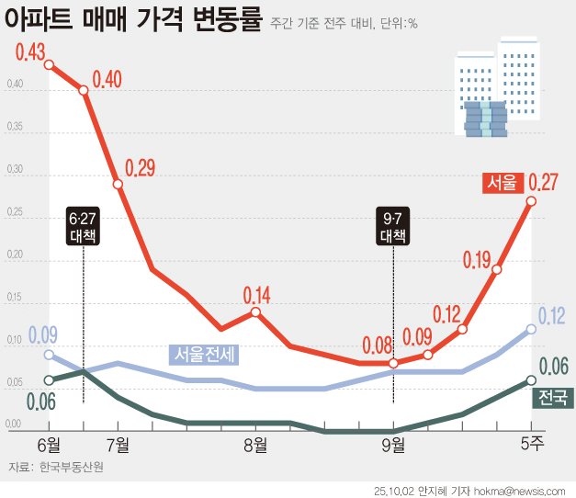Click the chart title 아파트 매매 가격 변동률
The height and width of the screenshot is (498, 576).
tap(134, 20)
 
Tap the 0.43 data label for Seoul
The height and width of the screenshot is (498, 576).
tap(31, 53)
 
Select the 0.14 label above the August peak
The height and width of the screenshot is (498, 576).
tap(257, 295)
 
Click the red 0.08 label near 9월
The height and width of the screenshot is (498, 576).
tap(378, 346)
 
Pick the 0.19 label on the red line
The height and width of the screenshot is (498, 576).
tap(477, 260)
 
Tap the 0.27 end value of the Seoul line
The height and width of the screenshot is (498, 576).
tap(543, 182)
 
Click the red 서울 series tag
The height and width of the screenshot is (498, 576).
tap(502, 183)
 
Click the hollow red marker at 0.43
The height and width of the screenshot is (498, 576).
tap(49, 64)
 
